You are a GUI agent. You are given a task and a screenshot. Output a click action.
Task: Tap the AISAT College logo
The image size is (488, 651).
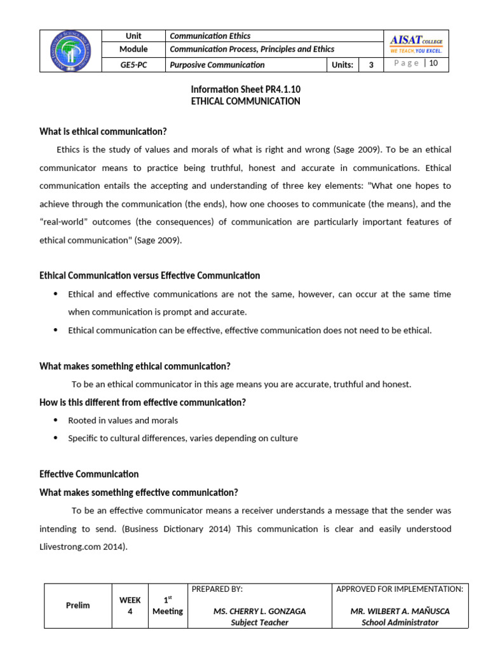(x=416, y=44)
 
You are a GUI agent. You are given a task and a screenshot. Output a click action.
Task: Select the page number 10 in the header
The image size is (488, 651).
(x=434, y=63)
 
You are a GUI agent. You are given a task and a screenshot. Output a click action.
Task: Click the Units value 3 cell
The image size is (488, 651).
(x=371, y=65)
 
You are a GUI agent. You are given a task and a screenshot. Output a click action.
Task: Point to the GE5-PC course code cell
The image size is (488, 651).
(x=134, y=65)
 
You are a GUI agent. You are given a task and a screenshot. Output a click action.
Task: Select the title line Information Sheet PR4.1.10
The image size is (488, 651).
(x=246, y=90)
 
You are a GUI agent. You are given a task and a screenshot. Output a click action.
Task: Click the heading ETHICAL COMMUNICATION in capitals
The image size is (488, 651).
(x=246, y=101)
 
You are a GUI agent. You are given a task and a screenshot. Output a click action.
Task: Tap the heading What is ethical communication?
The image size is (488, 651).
(x=103, y=132)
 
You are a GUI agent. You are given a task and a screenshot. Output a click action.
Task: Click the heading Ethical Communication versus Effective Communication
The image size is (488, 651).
(x=149, y=275)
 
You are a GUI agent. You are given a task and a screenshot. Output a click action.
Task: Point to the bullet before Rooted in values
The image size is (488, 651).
(x=55, y=420)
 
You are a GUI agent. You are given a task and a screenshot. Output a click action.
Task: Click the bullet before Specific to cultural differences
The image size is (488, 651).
(x=55, y=438)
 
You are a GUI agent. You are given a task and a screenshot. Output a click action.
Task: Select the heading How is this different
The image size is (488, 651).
(x=142, y=402)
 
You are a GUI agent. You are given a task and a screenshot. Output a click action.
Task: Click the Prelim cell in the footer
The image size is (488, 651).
(x=78, y=605)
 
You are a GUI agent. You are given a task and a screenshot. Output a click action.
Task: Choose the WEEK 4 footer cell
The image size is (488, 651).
(x=130, y=605)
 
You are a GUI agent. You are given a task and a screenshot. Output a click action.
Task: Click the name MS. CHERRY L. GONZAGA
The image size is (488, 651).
(x=259, y=611)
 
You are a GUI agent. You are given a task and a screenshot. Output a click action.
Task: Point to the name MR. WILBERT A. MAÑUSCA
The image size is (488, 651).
(x=400, y=611)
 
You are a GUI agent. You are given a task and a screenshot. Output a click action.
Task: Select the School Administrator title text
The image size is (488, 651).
(x=400, y=622)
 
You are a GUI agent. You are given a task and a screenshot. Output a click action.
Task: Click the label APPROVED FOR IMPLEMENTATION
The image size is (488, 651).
(x=400, y=589)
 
